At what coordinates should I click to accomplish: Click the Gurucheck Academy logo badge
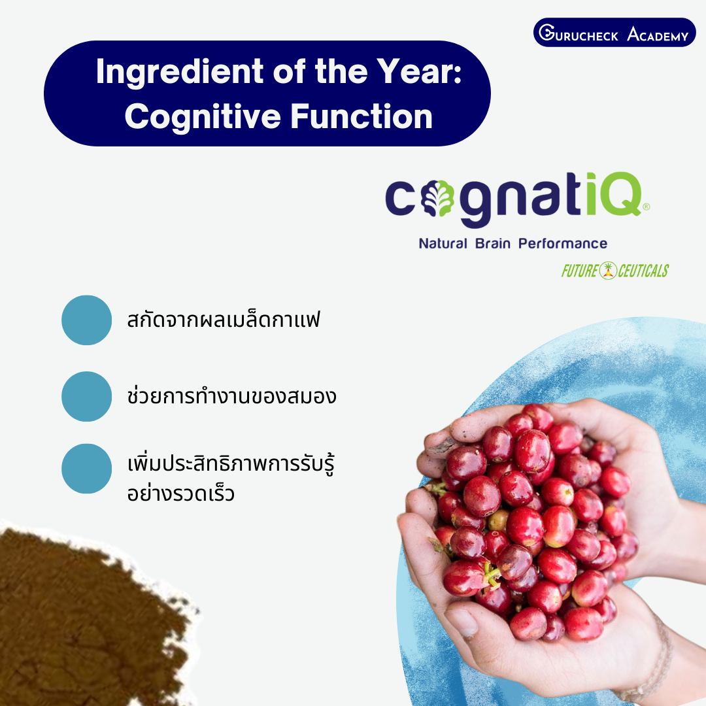tap(614, 33)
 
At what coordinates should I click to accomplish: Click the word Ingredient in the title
tap(180, 72)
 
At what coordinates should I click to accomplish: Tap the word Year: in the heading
tap(419, 71)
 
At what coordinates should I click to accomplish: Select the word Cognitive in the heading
tap(203, 117)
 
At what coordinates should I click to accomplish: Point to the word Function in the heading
tap(361, 116)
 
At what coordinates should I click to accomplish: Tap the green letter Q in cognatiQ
tap(622, 194)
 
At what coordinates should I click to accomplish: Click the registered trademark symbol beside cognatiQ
tap(646, 206)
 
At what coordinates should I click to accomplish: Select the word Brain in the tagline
tap(493, 244)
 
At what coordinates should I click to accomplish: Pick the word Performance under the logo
tap(563, 244)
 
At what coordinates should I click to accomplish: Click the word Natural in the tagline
tap(443, 244)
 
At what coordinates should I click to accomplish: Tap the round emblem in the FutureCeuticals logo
tap(608, 271)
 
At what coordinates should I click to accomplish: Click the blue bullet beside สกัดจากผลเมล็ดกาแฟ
tap(86, 320)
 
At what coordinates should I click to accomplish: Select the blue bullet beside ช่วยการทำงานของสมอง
tap(86, 397)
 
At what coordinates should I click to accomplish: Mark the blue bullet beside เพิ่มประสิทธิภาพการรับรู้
tap(86, 469)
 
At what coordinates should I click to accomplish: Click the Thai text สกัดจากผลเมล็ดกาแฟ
tap(224, 320)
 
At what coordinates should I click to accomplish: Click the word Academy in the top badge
tap(658, 34)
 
